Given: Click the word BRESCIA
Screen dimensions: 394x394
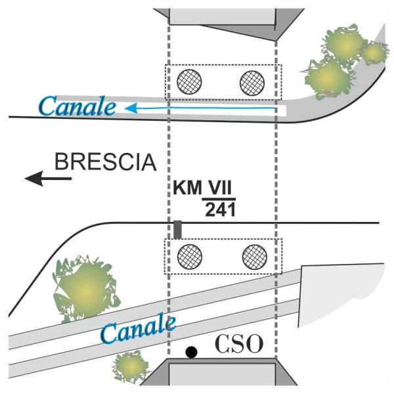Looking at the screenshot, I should [106, 162].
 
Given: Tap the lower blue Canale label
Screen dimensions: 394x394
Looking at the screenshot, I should [138, 329].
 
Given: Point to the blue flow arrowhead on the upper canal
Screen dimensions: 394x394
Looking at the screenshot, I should [131, 107].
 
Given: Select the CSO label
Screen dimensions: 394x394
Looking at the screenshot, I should [238, 343].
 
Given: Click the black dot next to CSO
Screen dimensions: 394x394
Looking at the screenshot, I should [191, 352].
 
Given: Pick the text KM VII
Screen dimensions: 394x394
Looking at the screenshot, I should [204, 188].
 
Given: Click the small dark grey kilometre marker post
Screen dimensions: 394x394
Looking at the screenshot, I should [177, 230].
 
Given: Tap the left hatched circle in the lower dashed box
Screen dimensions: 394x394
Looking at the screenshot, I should [190, 255].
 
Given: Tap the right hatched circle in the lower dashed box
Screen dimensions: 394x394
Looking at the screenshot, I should [254, 255].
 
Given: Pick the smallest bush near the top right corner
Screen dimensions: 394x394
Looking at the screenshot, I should [374, 52].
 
